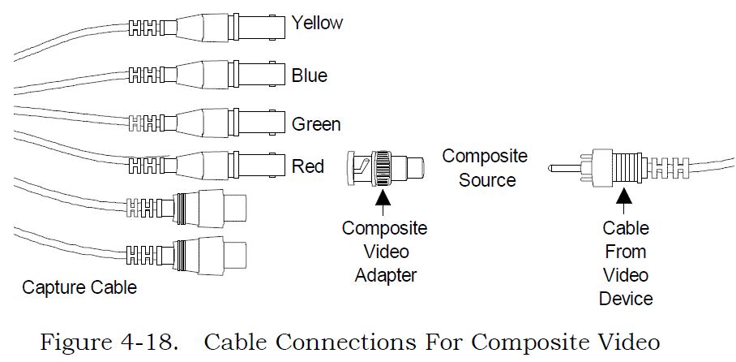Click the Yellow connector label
pyautogui.click(x=317, y=24)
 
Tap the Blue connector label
pyautogui.click(x=310, y=75)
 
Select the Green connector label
pyautogui.click(x=316, y=124)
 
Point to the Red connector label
pyautogui.click(x=308, y=166)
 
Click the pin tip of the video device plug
pyautogui.click(x=555, y=170)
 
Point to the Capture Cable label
pyautogui.click(x=79, y=287)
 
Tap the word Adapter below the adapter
pyautogui.click(x=385, y=275)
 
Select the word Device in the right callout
pyautogui.click(x=626, y=299)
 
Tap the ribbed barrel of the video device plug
pyautogui.click(x=625, y=170)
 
